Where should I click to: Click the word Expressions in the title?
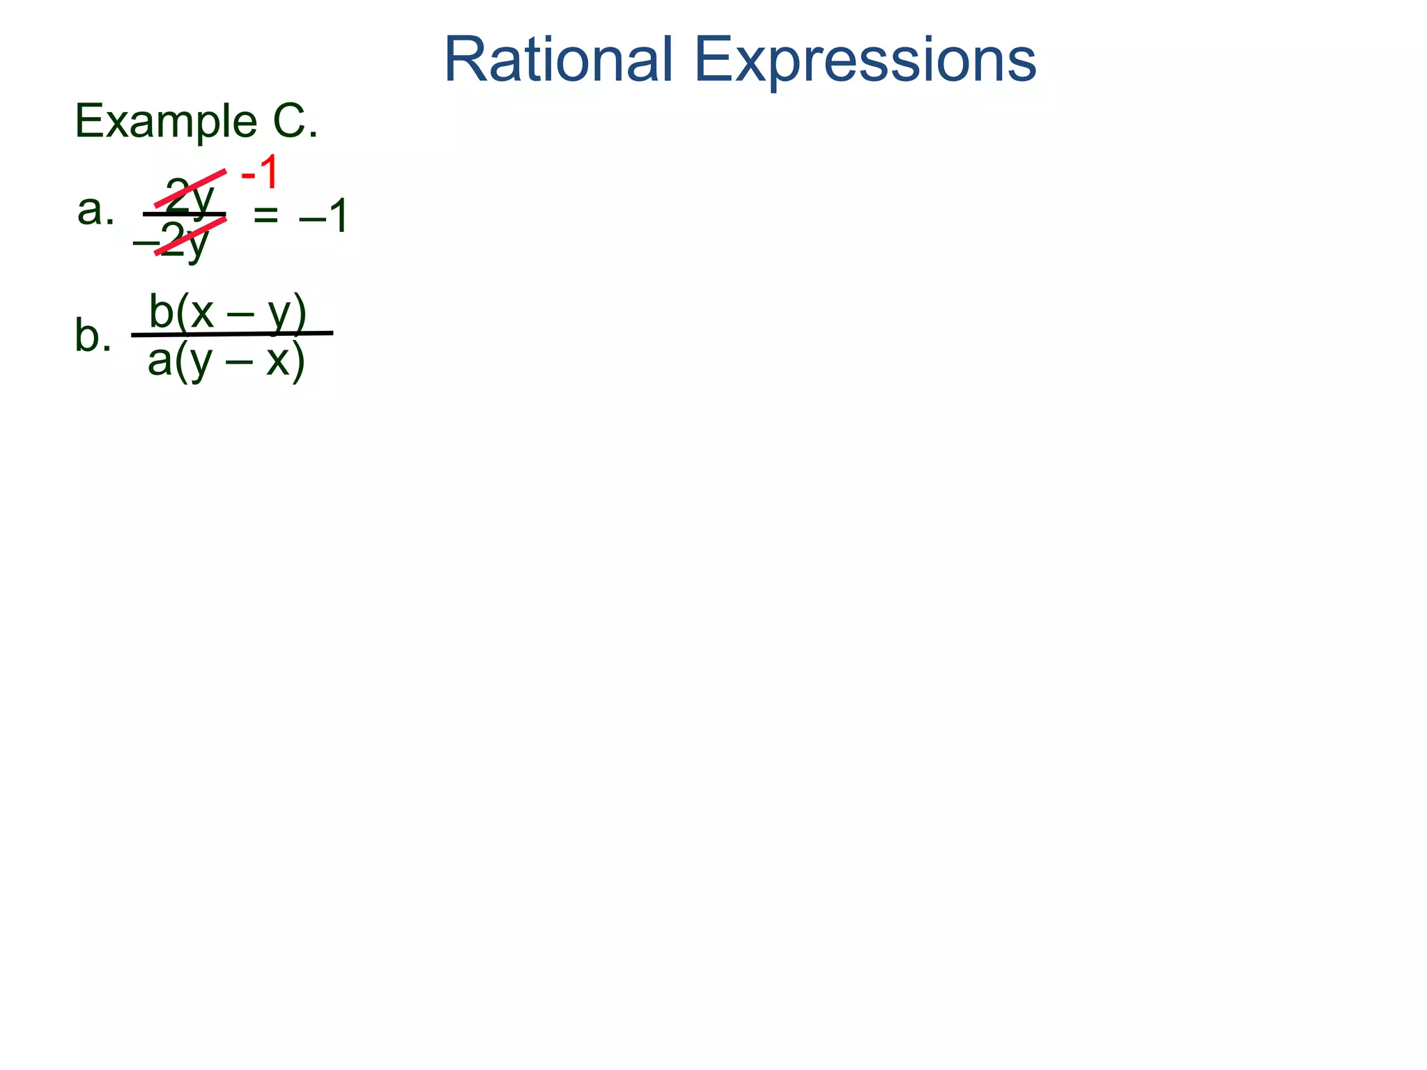coord(865,61)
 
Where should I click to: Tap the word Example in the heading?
coord(166,122)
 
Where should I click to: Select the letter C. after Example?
coord(295,122)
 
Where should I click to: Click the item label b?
coord(92,336)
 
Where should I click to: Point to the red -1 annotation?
coord(259,173)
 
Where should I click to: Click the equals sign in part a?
coord(265,216)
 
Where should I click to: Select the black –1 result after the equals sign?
coord(323,217)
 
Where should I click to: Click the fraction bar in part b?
coord(232,334)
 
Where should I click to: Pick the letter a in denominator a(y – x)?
coord(160,360)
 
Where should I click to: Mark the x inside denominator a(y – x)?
coord(278,362)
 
